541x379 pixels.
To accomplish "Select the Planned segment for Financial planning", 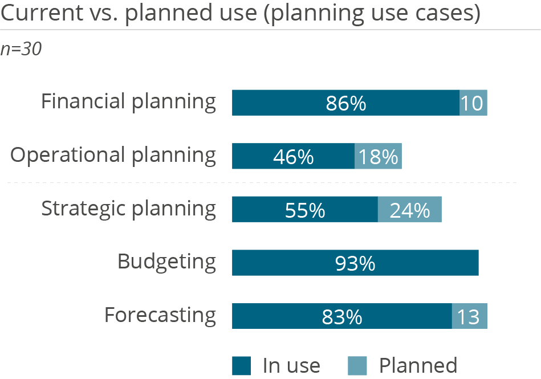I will tap(473, 103).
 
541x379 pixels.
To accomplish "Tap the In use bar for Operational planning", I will tap(293, 156).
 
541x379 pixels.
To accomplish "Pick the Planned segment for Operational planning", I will tap(378, 156).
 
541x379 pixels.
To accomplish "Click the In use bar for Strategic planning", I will tap(304, 210).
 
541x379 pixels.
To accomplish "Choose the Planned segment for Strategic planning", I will tap(409, 210).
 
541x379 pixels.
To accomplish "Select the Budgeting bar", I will tap(355, 263).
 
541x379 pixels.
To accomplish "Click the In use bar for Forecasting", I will tap(341, 316).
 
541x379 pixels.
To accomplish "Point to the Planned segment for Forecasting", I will tap(469, 316).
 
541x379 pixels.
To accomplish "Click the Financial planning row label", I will tap(128, 102).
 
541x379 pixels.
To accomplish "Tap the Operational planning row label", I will tap(113, 156).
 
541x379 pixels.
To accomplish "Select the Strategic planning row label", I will tap(128, 209).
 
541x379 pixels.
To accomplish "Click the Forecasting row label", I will tap(160, 315).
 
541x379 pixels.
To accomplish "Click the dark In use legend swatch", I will tap(242, 365).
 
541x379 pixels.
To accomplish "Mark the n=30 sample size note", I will tap(21, 50).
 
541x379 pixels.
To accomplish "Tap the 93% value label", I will tap(355, 263).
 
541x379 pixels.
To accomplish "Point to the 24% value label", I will tap(409, 210).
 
